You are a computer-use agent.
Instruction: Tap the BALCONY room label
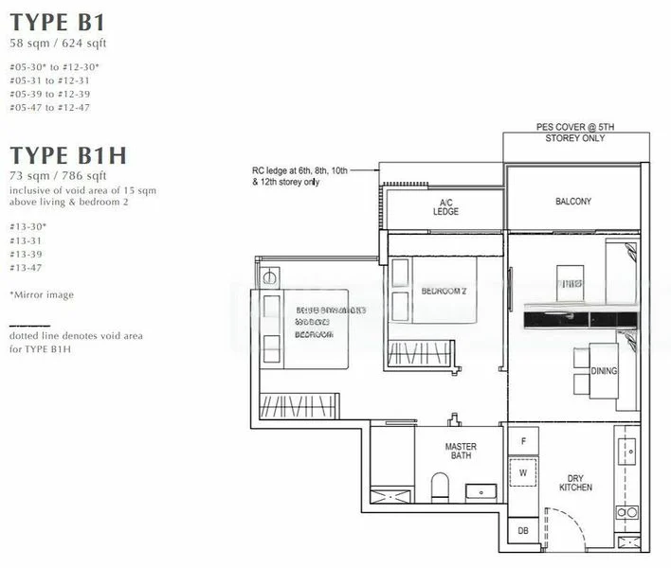572,202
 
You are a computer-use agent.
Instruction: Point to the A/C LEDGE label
445,207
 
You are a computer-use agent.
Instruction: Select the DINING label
604,371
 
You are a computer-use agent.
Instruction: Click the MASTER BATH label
461,453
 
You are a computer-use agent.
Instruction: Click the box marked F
523,442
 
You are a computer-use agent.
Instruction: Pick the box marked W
523,471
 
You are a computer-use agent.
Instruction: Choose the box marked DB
523,531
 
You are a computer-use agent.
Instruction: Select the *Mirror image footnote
40,295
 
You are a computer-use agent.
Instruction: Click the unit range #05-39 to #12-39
49,95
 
